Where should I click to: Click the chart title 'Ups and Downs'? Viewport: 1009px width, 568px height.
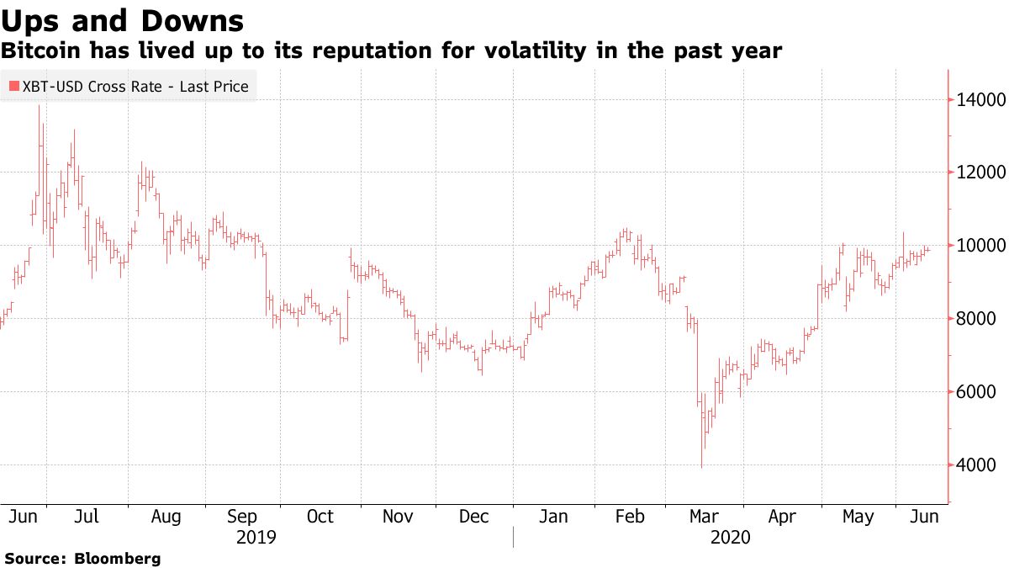(123, 20)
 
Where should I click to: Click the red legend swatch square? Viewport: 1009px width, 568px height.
(12, 87)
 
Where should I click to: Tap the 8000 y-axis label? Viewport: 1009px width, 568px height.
(977, 319)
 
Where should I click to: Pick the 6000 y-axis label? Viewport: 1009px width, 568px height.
(977, 392)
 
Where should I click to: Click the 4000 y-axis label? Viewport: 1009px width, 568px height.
(977, 465)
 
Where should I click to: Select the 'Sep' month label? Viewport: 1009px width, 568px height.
(243, 517)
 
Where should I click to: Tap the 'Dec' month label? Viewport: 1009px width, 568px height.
(473, 517)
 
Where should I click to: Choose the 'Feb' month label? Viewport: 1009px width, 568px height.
(629, 517)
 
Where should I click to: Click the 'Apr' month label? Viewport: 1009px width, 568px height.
(782, 517)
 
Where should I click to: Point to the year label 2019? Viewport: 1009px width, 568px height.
(257, 537)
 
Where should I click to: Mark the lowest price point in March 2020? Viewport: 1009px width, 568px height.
(701, 467)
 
